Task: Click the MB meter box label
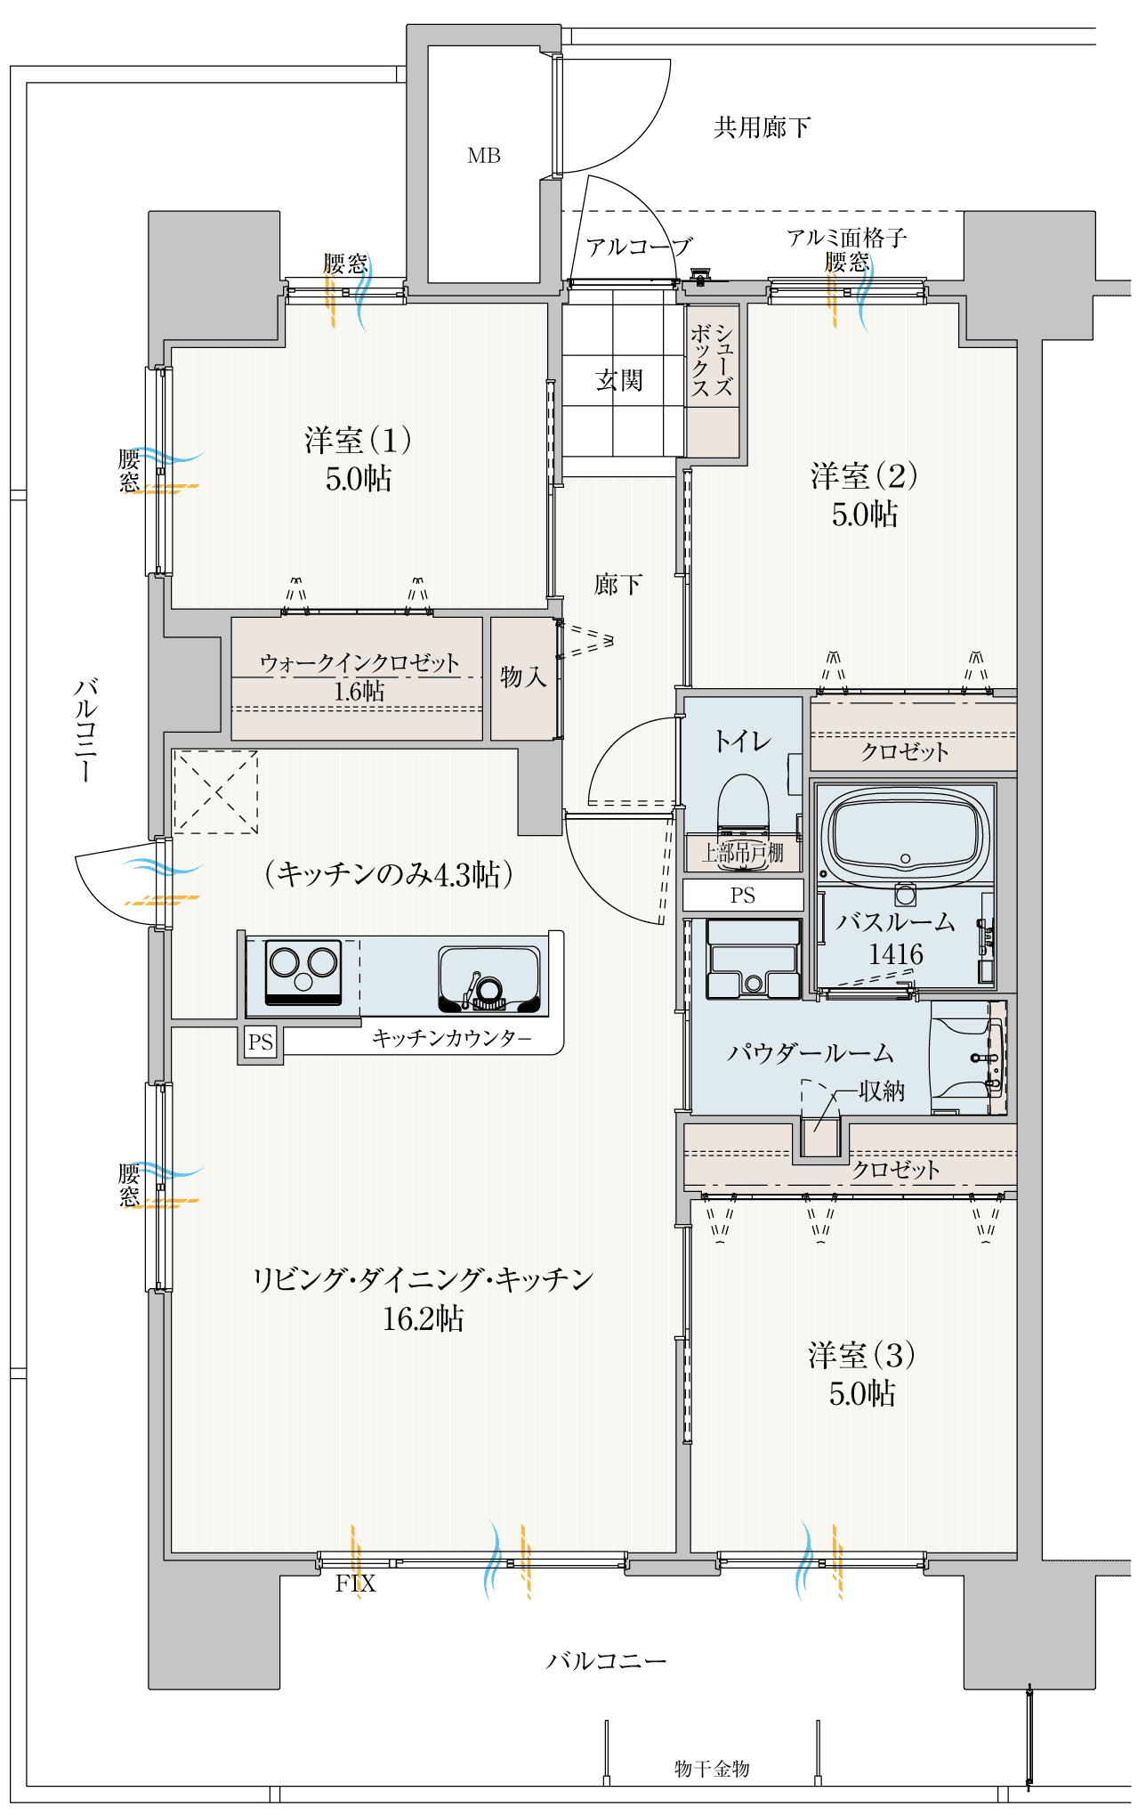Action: (x=484, y=156)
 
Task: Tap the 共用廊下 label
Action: (x=762, y=127)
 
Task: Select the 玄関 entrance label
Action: (x=619, y=380)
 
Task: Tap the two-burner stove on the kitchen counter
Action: (x=304, y=971)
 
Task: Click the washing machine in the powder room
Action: (x=754, y=958)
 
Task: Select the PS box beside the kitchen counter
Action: (x=261, y=1042)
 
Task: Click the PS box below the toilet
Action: (x=743, y=895)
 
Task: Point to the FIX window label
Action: (x=355, y=1583)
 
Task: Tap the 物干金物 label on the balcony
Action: (x=712, y=1768)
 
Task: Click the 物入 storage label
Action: (x=522, y=677)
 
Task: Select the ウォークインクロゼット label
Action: (x=359, y=662)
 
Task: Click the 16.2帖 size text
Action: (x=423, y=1318)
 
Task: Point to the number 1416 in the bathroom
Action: (x=896, y=954)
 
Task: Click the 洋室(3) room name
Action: (x=861, y=1355)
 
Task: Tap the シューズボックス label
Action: (x=712, y=360)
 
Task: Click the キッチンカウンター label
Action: (x=451, y=1038)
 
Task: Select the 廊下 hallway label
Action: (x=618, y=584)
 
